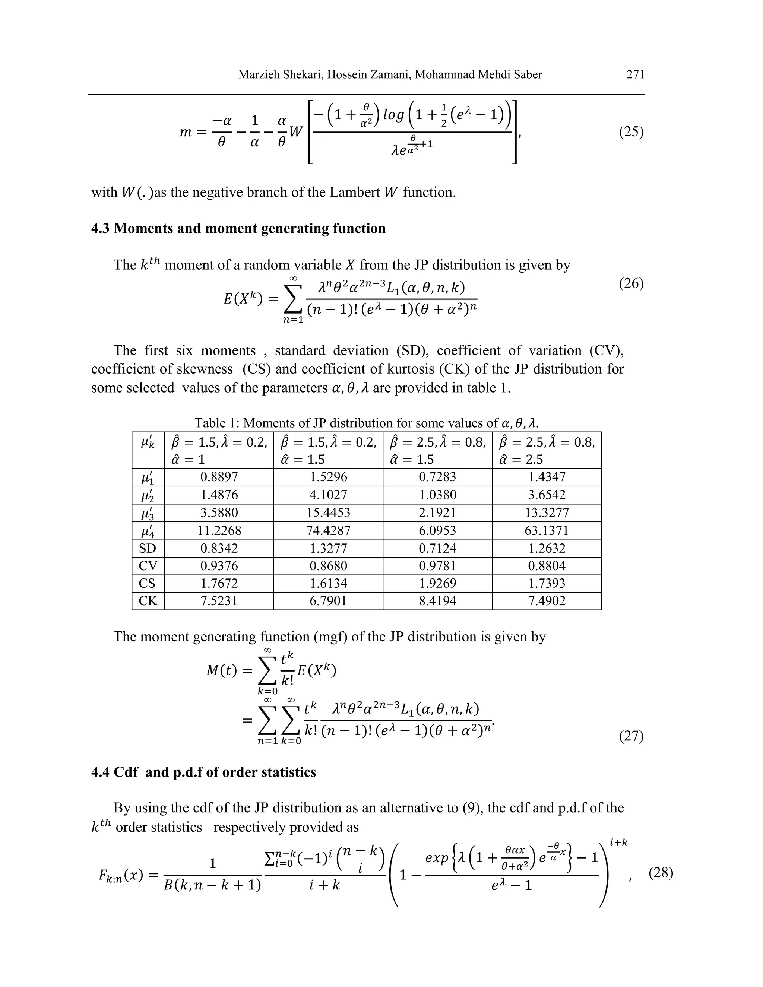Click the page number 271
(x=635, y=74)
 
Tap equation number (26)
(x=631, y=283)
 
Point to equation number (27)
(x=631, y=736)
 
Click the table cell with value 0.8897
(x=219, y=477)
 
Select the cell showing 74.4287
(x=328, y=530)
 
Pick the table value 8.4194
(x=437, y=601)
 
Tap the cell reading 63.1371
(x=547, y=530)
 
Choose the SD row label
(x=148, y=548)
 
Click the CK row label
(x=148, y=601)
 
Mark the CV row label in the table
(x=148, y=566)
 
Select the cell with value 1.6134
(x=328, y=583)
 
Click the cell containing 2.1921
(x=437, y=512)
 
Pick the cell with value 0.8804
(x=547, y=566)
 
